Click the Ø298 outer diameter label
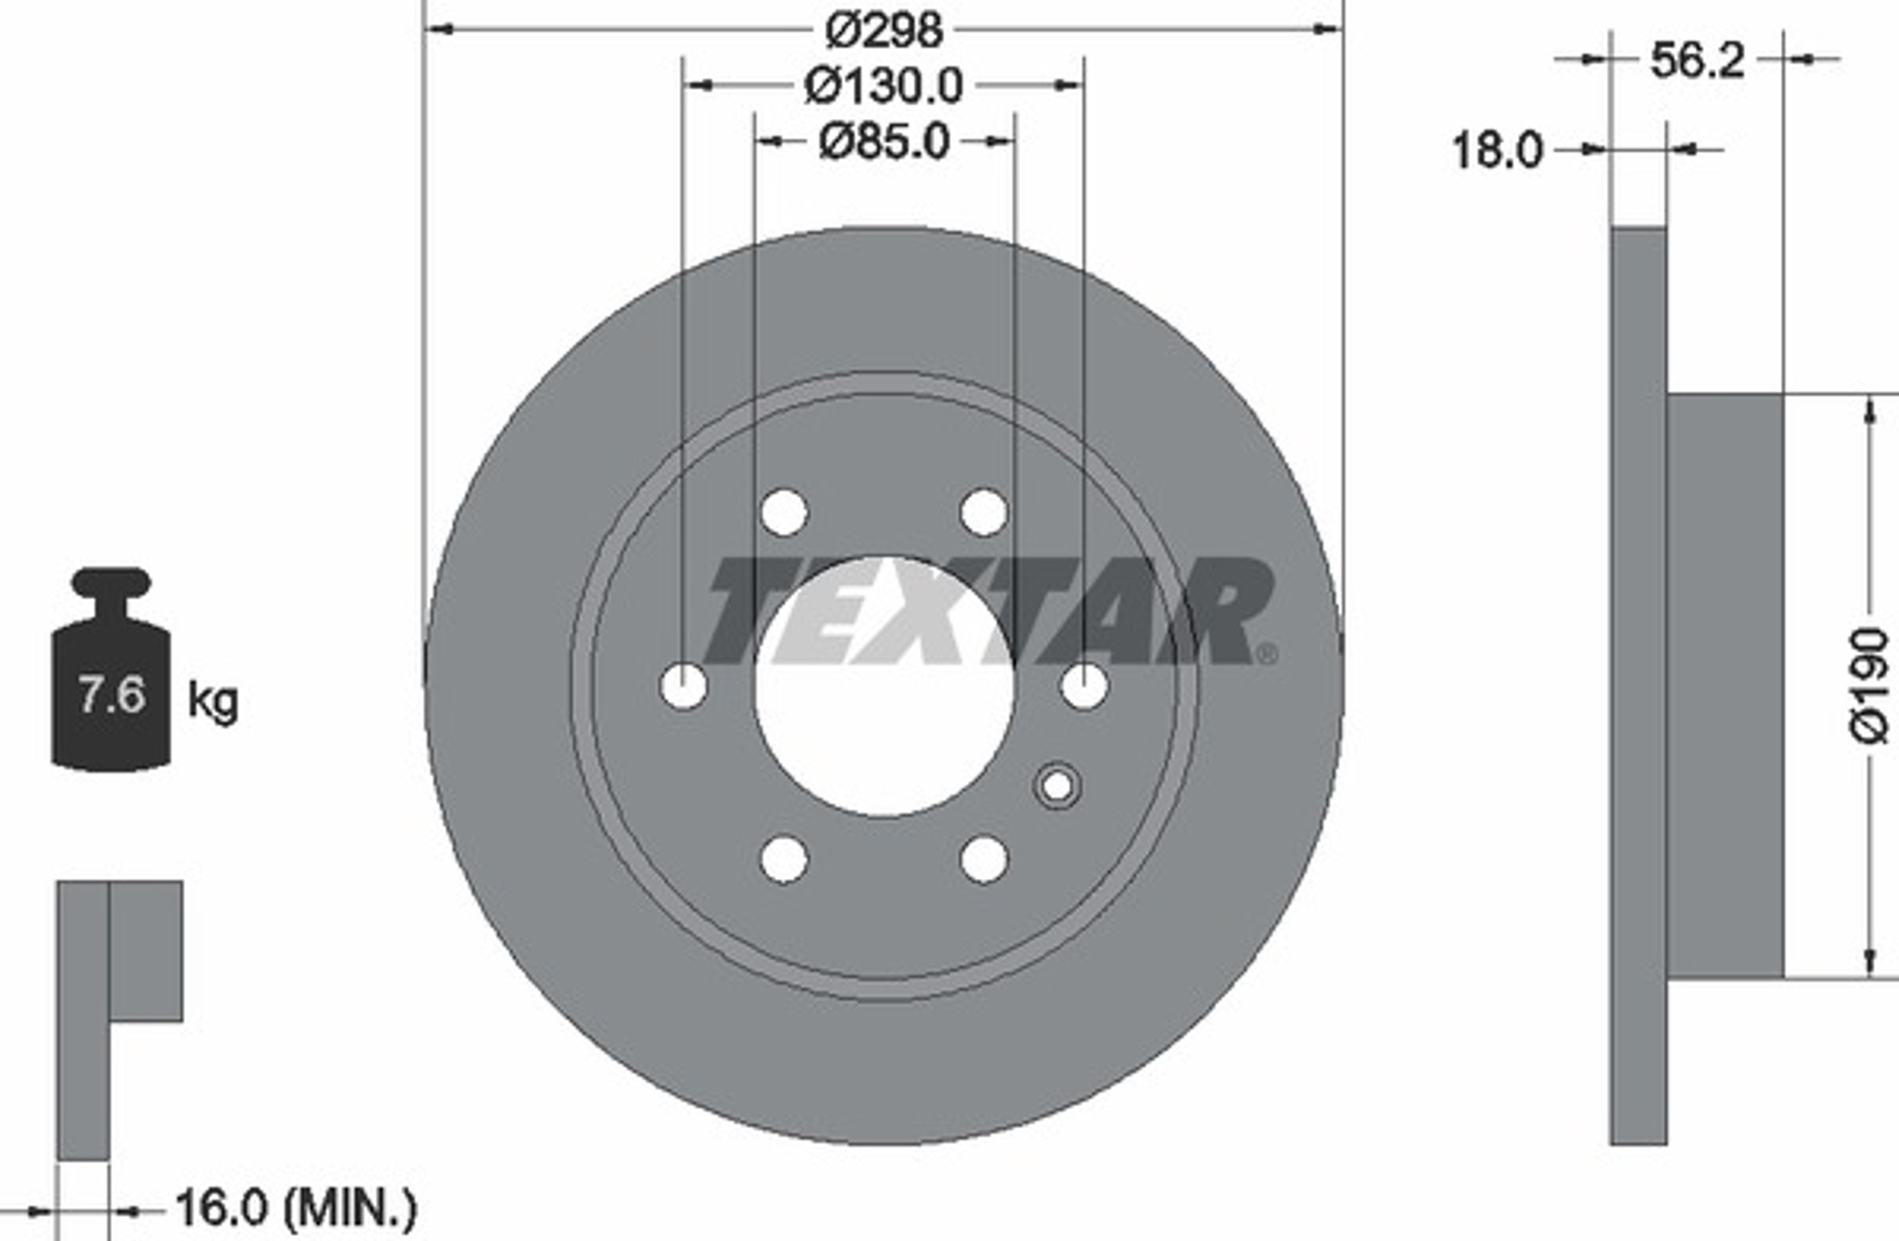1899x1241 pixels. pos(883,31)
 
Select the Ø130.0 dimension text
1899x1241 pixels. pos(883,86)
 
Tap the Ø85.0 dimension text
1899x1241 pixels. pos(884,142)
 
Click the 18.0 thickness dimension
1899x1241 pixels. pos(1498,150)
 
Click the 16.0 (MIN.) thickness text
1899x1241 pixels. pos(296,1208)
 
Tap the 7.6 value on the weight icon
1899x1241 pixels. pos(112,694)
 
